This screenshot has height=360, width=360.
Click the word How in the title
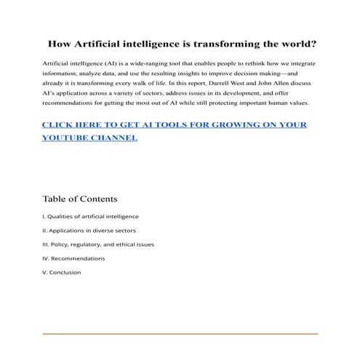coord(58,44)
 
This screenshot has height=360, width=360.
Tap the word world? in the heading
coord(294,44)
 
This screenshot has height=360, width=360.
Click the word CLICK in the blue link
coord(60,124)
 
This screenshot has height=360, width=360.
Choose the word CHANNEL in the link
coord(113,137)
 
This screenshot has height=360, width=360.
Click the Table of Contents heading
coord(79,199)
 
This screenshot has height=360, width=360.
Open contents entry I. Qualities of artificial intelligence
coord(90,216)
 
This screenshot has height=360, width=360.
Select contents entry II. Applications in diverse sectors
coord(89,230)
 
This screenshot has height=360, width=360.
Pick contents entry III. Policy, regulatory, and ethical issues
coord(98,244)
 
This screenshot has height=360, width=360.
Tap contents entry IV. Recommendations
coord(73,258)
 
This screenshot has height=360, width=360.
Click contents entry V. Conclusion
coord(62,272)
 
